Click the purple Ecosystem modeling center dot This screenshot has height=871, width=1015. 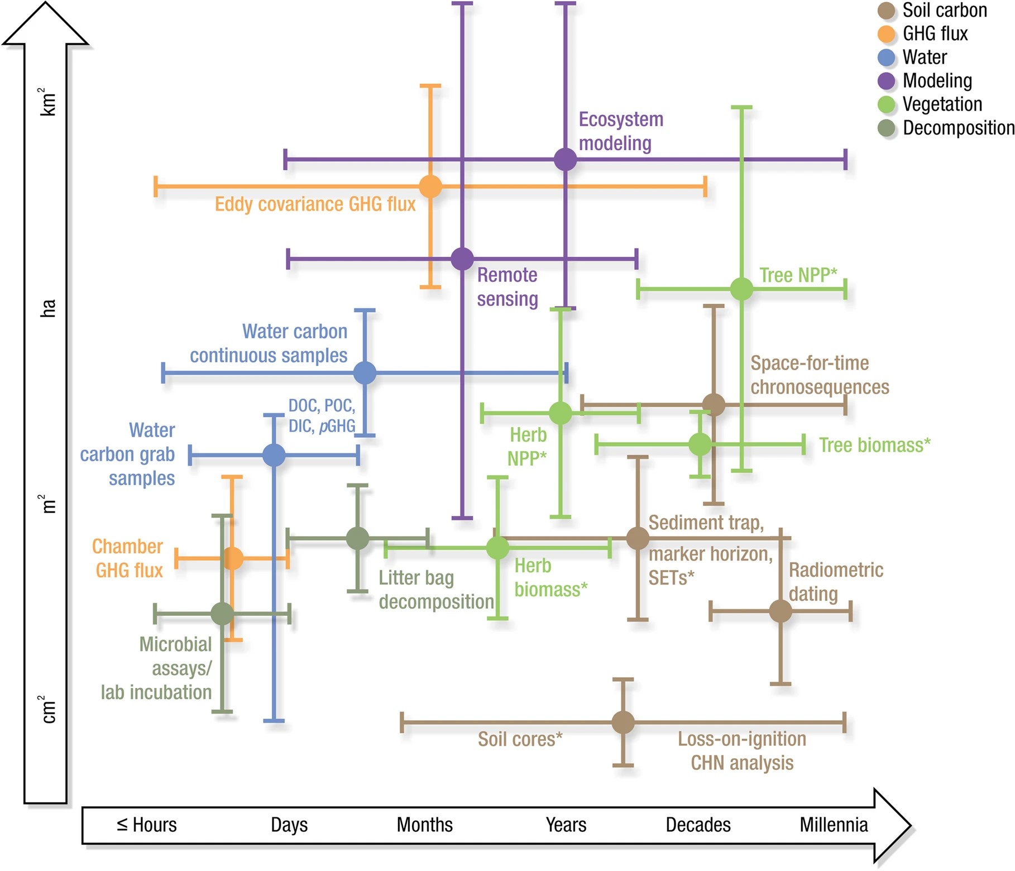(x=565, y=160)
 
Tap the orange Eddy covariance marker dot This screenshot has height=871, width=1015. (x=430, y=186)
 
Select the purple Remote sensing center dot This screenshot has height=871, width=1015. (x=462, y=259)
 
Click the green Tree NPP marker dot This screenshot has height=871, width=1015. (x=741, y=289)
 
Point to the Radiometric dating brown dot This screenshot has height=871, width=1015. (x=780, y=611)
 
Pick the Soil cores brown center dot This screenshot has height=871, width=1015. (x=623, y=722)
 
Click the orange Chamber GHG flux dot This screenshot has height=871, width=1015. (x=232, y=558)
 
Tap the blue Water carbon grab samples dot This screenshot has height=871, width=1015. (x=274, y=456)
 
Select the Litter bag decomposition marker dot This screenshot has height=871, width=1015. (x=357, y=538)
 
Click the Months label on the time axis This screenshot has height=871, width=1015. (x=424, y=825)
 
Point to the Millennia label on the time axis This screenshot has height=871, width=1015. (x=833, y=825)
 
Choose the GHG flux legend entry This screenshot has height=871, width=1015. (x=935, y=34)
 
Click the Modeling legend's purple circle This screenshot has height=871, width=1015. (x=886, y=81)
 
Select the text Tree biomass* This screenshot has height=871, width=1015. (x=874, y=445)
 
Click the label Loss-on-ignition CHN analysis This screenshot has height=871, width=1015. (x=741, y=750)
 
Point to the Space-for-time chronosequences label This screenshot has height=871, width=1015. (x=819, y=375)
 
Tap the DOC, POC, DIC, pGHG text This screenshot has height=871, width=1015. (x=322, y=416)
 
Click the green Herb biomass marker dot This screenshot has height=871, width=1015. (x=497, y=548)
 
